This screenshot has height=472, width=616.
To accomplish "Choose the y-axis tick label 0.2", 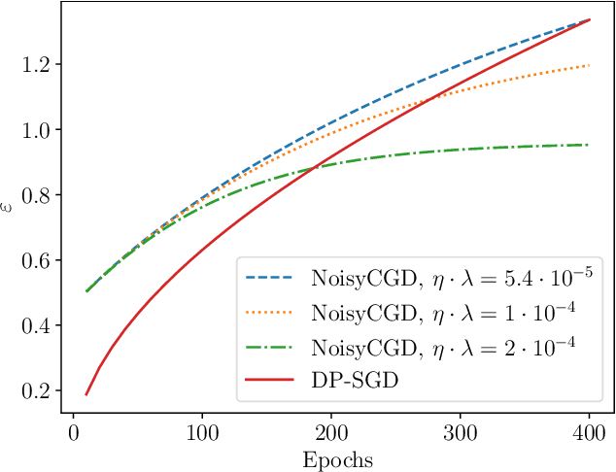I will point(34,391).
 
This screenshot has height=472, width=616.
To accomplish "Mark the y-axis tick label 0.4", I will point(34,325).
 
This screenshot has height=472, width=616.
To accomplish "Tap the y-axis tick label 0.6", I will point(34,260).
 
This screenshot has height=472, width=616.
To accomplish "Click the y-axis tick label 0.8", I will point(34,195).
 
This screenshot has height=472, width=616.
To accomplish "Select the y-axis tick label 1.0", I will point(34,129).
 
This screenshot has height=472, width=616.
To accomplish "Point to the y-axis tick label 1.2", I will point(34,64).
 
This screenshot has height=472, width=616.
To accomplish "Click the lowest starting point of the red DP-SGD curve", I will point(86,394).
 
